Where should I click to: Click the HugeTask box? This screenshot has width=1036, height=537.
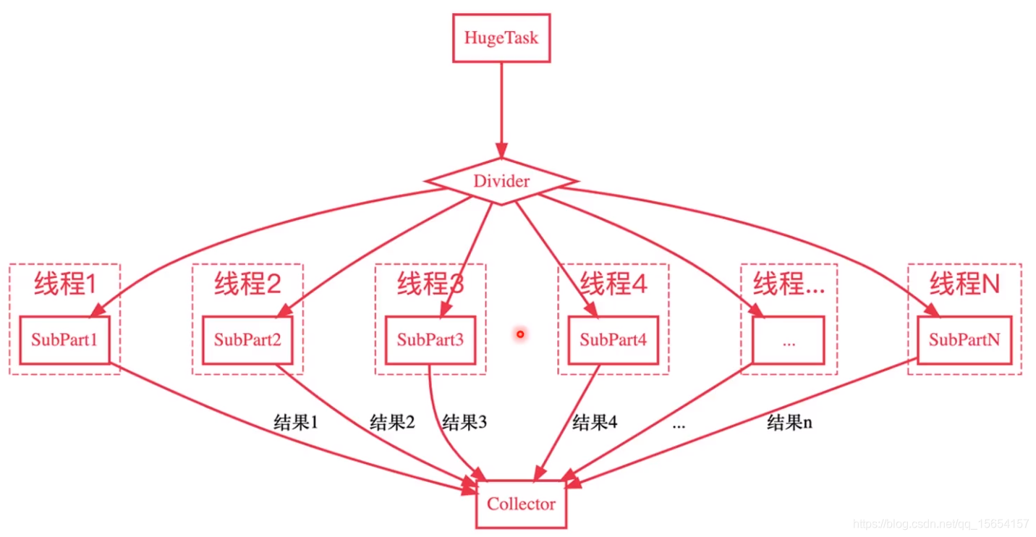tap(501, 38)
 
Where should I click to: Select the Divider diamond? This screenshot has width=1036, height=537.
tap(501, 181)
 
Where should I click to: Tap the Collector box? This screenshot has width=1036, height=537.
tap(521, 504)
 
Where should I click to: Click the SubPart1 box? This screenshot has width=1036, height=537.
tap(64, 339)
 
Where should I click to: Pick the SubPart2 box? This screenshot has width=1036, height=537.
tap(247, 339)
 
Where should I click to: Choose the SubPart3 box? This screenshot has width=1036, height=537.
tap(430, 339)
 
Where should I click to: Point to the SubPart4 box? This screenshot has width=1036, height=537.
tap(613, 339)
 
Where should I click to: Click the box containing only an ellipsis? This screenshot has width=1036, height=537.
tap(788, 340)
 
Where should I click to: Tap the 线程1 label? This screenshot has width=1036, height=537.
tap(65, 284)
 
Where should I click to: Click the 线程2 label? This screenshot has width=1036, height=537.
tap(247, 284)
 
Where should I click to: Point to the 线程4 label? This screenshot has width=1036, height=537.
tap(613, 284)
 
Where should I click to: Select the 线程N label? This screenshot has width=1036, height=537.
tap(964, 284)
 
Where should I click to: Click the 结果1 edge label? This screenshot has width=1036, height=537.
tap(296, 423)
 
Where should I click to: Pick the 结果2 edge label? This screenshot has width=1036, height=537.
tap(392, 422)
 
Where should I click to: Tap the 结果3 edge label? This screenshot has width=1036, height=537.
tap(464, 422)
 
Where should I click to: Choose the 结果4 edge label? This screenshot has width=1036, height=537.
tap(595, 422)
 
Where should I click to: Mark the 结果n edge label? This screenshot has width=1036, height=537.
tap(789, 423)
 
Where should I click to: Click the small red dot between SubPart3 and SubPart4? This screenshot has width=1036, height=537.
tap(519, 334)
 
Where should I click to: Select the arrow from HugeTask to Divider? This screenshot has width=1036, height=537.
tap(501, 109)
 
